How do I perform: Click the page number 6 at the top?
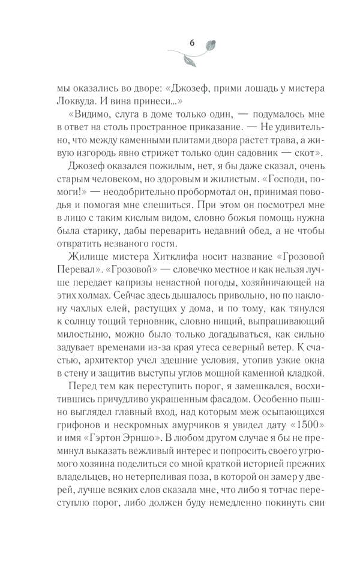click(x=191, y=42)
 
